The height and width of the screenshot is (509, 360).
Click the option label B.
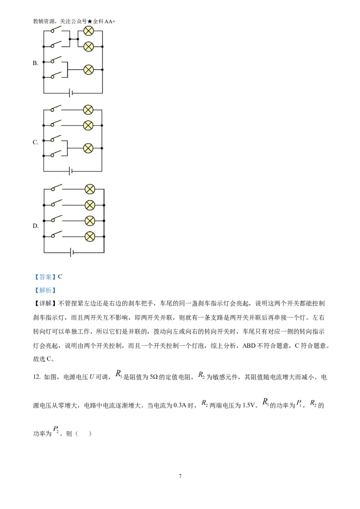(x=36, y=63)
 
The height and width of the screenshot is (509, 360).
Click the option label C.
(x=36, y=142)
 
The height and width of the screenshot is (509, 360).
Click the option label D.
(x=36, y=226)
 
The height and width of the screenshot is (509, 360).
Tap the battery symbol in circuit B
(x=71, y=94)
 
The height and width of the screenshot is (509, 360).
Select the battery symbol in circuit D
(x=72, y=252)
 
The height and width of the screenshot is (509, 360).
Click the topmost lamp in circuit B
(x=88, y=31)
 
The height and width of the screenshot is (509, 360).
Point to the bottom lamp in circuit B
(x=88, y=69)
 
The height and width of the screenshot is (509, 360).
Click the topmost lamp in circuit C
(x=88, y=110)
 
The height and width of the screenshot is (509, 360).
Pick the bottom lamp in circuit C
(x=88, y=148)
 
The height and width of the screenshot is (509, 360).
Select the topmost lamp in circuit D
(x=90, y=189)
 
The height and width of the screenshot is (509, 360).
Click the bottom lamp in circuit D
(x=90, y=237)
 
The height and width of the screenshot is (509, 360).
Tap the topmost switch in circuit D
(x=56, y=188)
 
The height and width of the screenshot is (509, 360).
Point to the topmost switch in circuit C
(x=55, y=108)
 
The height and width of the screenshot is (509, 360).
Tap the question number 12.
(x=37, y=377)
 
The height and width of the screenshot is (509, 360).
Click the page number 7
(x=180, y=476)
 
